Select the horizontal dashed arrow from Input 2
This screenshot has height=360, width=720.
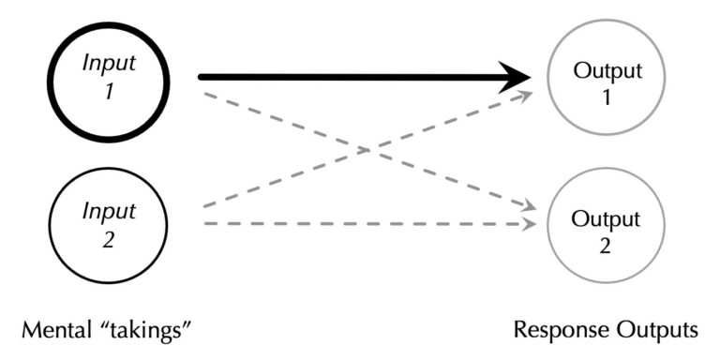(366, 223)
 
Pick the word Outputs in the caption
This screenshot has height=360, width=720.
(660, 329)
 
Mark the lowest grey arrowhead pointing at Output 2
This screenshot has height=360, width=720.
(531, 223)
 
